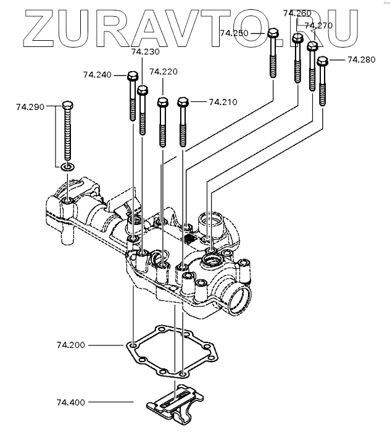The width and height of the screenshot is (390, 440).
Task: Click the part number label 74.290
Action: tap(30, 107)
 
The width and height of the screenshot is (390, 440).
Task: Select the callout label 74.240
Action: tap(96, 75)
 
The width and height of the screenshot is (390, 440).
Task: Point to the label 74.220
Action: tap(163, 72)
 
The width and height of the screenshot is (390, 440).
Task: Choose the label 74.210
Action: tap(223, 101)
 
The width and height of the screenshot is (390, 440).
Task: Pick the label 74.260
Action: tap(297, 13)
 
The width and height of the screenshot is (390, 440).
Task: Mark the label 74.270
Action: tap(318, 25)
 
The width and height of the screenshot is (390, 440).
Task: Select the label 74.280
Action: tap(361, 59)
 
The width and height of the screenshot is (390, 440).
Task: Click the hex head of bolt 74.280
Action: tap(322, 61)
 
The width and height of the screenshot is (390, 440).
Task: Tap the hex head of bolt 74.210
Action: tap(183, 101)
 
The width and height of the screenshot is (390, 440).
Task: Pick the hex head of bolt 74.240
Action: tap(132, 77)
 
